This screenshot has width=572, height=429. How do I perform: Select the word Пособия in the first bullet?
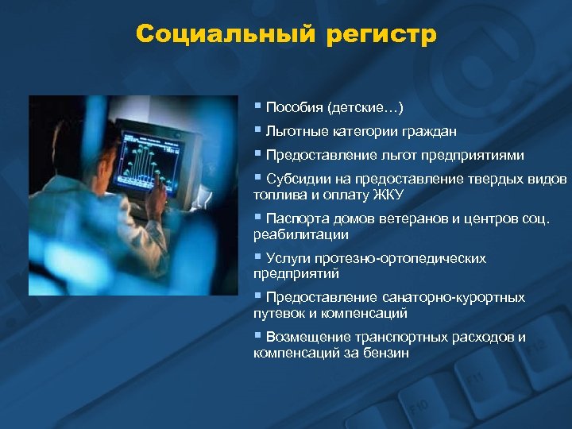[292, 106]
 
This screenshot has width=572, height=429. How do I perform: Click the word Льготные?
[294, 131]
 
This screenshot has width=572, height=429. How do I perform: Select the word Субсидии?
[296, 179]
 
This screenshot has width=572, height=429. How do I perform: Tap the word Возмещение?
[304, 337]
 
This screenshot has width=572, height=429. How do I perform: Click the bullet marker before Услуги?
[257, 258]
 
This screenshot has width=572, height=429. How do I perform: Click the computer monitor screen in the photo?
[147, 155]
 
